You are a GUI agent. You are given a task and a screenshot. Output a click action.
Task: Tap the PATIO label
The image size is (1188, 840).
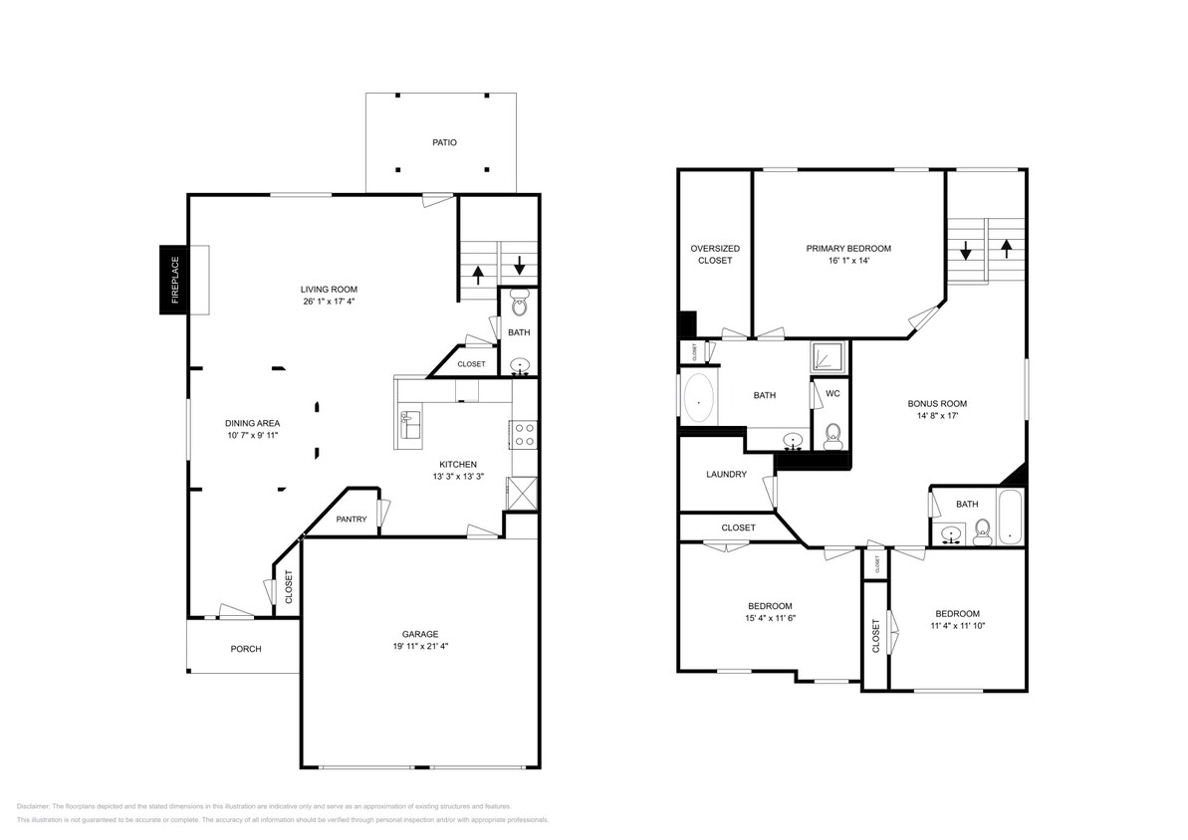pyautogui.click(x=444, y=142)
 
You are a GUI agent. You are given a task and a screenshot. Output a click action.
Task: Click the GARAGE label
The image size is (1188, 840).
pyautogui.click(x=420, y=634)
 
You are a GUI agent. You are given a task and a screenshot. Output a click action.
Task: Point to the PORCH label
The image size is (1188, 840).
pyautogui.click(x=246, y=649)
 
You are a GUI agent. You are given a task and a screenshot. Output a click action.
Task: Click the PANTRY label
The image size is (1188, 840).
pyautogui.click(x=352, y=519)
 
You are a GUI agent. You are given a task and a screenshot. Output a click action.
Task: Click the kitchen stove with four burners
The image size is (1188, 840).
pyautogui.click(x=524, y=433)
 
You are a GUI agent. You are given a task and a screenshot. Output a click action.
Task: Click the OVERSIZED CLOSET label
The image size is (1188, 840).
pyautogui.click(x=715, y=254)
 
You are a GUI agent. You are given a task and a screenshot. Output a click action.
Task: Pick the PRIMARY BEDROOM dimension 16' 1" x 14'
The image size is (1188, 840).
pyautogui.click(x=848, y=261)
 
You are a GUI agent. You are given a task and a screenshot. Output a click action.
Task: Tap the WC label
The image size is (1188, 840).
pyautogui.click(x=833, y=393)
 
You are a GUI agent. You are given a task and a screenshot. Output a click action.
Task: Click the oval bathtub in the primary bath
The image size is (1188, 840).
pyautogui.click(x=699, y=401)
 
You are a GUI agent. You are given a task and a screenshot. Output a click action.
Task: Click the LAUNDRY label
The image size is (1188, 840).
pyautogui.click(x=726, y=474)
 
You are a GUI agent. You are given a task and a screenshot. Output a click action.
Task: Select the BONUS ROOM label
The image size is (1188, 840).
pyautogui.click(x=936, y=403)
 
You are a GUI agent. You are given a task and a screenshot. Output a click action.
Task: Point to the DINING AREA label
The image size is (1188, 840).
pyautogui.click(x=253, y=422)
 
